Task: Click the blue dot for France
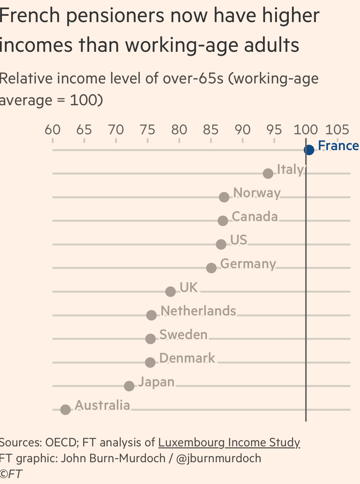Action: [x=309, y=150]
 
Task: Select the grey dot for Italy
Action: [x=268, y=174]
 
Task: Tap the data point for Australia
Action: [x=66, y=410]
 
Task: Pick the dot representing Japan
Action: [x=129, y=386]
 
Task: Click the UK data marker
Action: [x=171, y=292]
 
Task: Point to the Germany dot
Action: [x=212, y=268]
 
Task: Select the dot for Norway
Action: [x=224, y=197]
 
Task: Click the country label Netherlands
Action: [x=198, y=311]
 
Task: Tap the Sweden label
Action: [x=183, y=335]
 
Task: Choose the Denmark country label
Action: [x=187, y=358]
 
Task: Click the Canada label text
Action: [x=255, y=217]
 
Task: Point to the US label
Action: [x=239, y=240]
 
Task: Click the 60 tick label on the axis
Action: [x=53, y=130]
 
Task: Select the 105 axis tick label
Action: [x=337, y=130]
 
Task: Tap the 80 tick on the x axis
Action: [x=179, y=130]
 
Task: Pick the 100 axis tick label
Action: [x=306, y=130]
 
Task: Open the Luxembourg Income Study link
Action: [x=229, y=442]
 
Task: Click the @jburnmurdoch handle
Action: [x=218, y=458]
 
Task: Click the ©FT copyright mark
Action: [x=11, y=474]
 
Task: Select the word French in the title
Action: [x=30, y=16]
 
